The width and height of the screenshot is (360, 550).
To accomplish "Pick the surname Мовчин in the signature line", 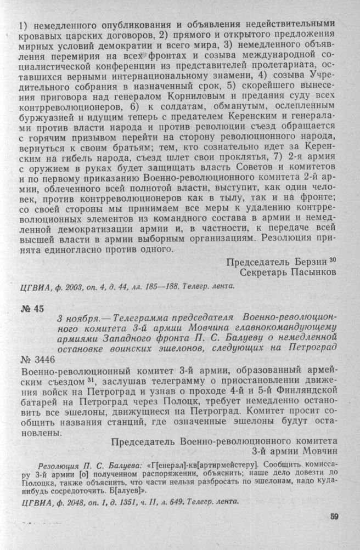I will [x=319, y=452].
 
